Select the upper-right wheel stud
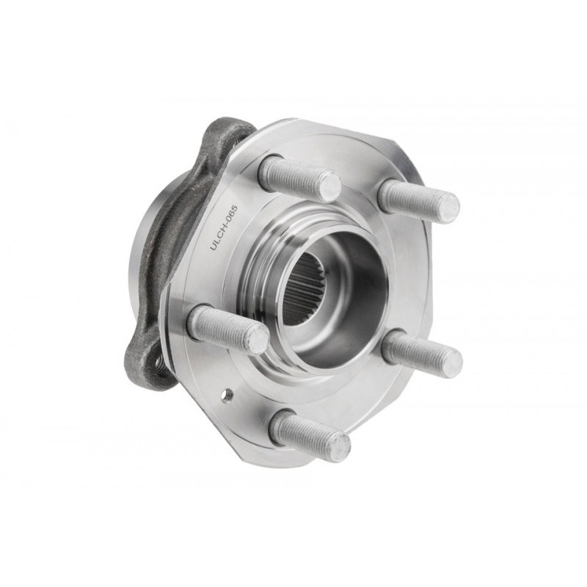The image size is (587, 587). point(418,200)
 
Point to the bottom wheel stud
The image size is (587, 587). point(310,434)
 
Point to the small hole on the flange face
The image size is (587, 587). point(227,394)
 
